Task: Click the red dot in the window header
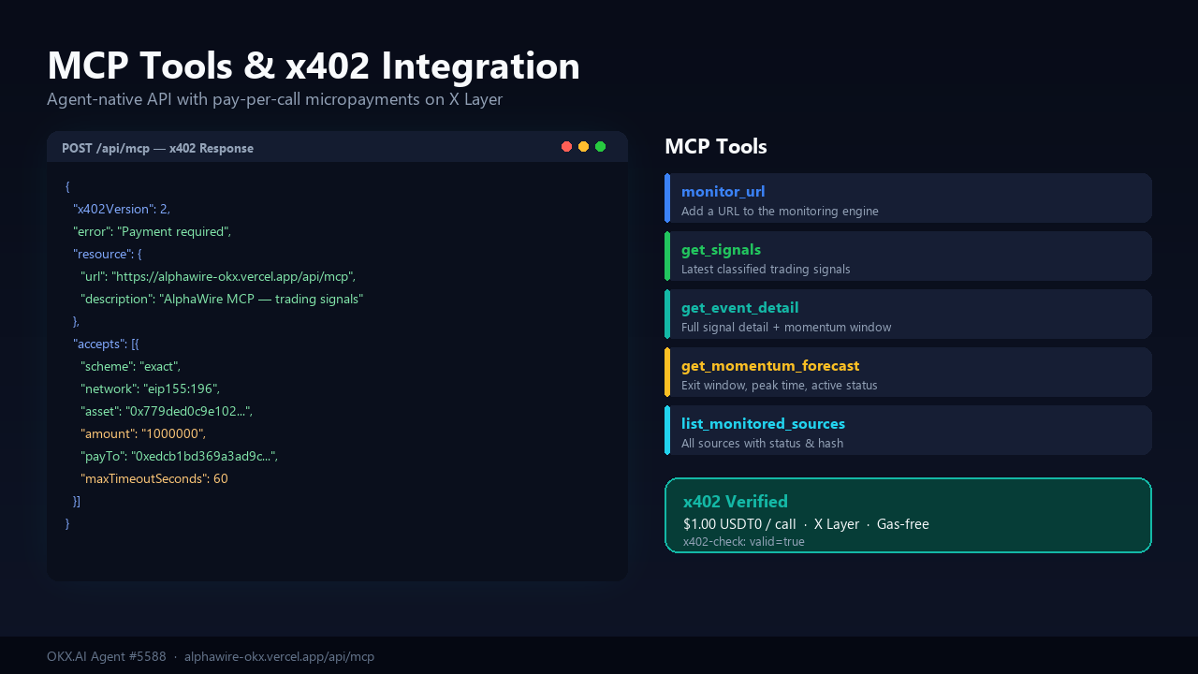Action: (x=566, y=147)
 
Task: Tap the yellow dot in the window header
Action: (x=583, y=147)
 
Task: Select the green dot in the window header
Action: (x=601, y=147)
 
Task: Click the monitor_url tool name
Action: (x=723, y=192)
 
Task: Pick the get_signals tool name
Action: (x=721, y=250)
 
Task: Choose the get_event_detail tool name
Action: (x=739, y=308)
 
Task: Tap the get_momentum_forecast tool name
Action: (x=770, y=366)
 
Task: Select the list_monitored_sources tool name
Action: (x=763, y=424)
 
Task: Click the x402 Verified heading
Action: (x=736, y=501)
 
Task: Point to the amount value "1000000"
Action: (x=173, y=433)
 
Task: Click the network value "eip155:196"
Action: (x=182, y=388)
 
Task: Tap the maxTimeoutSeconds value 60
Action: (x=220, y=478)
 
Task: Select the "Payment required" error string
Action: (x=174, y=231)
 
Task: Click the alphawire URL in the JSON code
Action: (x=233, y=276)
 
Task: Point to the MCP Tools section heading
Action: (x=716, y=147)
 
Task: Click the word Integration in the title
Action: (x=480, y=66)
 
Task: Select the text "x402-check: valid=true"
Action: (x=743, y=542)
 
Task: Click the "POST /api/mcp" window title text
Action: (x=106, y=149)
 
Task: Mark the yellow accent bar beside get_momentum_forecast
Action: (x=667, y=373)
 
